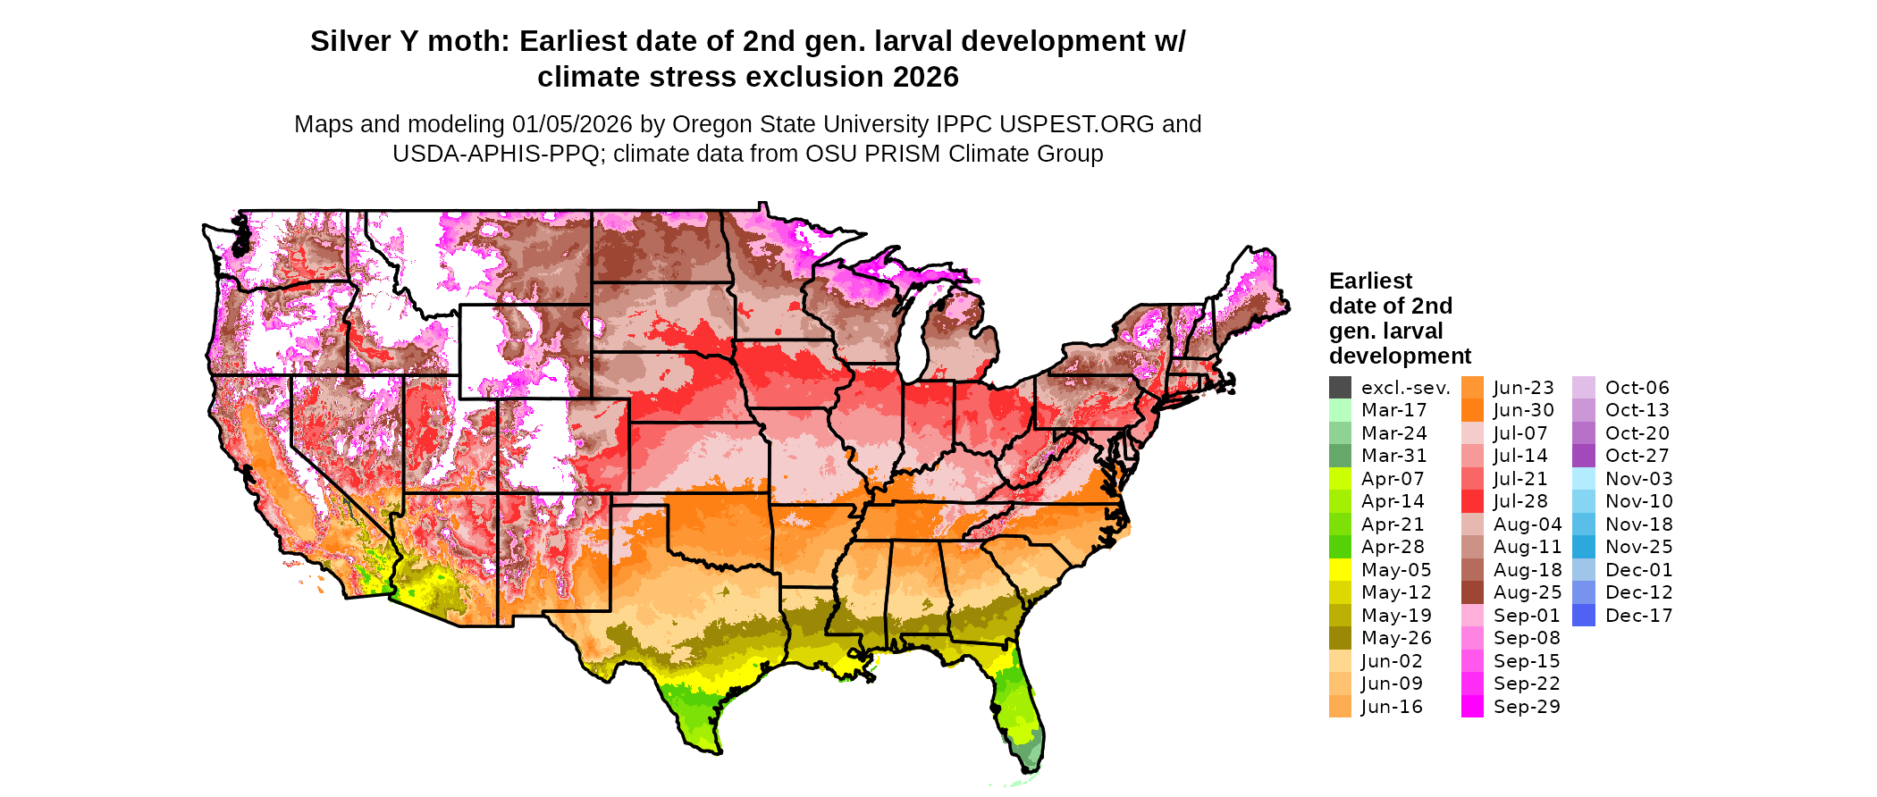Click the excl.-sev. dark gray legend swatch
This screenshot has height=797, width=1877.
(1340, 388)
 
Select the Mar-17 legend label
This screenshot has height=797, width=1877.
(1393, 410)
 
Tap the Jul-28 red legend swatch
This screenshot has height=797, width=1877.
(1472, 501)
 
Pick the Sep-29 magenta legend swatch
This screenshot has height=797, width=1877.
(1472, 707)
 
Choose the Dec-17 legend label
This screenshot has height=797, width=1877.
(1638, 616)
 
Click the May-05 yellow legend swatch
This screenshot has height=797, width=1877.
(1340, 570)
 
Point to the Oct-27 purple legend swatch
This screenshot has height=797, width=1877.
(1583, 456)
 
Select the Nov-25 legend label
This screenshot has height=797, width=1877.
(1638, 547)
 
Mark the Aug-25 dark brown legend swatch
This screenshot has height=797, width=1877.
(1472, 592)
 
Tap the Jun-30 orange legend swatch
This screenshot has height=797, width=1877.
(1472, 410)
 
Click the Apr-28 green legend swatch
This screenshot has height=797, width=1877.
(1340, 547)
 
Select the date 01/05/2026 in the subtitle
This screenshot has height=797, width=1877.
(571, 124)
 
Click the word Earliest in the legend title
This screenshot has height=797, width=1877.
(1370, 281)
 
